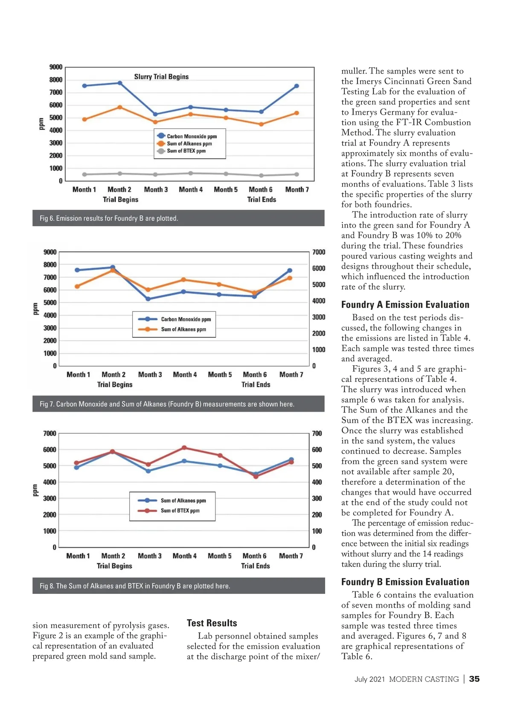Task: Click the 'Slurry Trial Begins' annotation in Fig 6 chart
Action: point(161,77)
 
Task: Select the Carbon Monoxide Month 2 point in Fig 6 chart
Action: point(120,83)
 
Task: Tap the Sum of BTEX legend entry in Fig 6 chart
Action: point(186,151)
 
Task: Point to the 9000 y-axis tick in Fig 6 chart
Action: point(56,67)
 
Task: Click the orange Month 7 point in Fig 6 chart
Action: point(297,113)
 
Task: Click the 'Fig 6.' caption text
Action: point(109,218)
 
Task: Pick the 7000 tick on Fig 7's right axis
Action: point(319,252)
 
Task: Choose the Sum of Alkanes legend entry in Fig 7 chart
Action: point(183,329)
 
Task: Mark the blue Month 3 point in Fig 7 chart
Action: point(148,299)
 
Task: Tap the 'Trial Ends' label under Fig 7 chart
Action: point(256,384)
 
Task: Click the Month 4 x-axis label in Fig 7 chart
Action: point(185,375)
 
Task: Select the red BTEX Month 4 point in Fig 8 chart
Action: point(184,448)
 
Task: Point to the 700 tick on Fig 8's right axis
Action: point(317,434)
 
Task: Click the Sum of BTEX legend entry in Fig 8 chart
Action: point(180,511)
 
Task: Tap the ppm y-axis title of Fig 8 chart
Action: point(35,490)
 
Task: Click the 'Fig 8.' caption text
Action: point(135,586)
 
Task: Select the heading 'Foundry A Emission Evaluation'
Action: point(405,305)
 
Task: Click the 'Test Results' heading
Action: point(212,623)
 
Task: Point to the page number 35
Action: point(474,679)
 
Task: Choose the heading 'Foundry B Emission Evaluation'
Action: point(405,582)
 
